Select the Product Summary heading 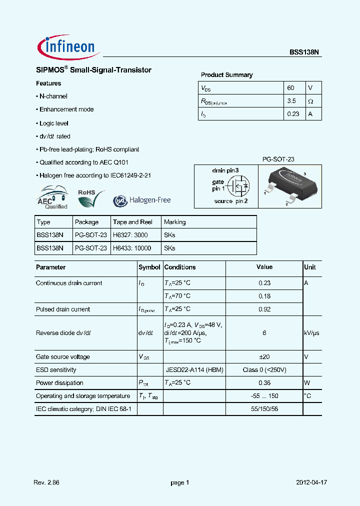click(x=226, y=75)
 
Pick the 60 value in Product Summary click(x=290, y=87)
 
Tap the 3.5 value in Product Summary click(x=291, y=101)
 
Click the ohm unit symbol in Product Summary click(x=310, y=101)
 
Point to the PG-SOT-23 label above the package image click(x=278, y=159)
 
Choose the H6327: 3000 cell click(x=130, y=235)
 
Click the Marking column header click(x=174, y=222)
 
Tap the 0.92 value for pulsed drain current click(x=264, y=309)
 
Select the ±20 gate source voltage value click(x=264, y=357)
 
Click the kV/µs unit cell click(x=311, y=333)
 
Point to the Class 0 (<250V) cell click(x=264, y=370)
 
